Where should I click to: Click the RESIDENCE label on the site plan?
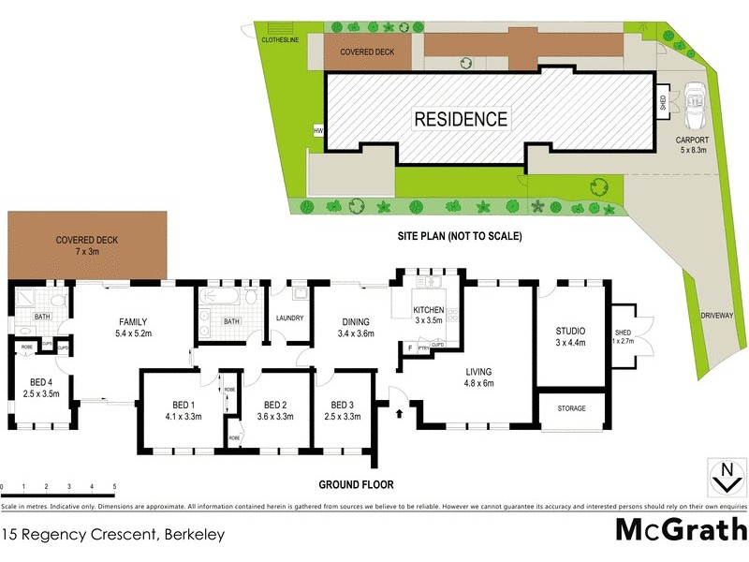(461, 119)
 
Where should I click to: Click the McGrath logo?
(680, 530)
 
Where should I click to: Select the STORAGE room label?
(571, 408)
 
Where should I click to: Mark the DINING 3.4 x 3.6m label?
(355, 327)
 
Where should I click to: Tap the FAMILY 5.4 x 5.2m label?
(133, 327)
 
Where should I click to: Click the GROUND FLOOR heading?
(356, 485)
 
